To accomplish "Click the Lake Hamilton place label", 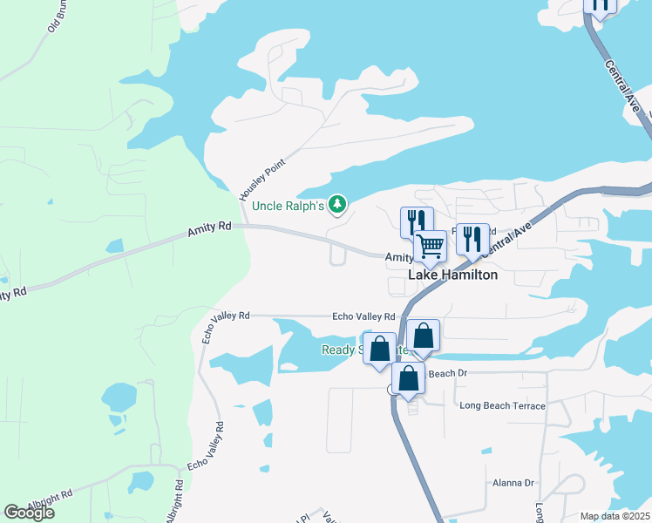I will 453,275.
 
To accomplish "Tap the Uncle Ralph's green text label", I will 288,206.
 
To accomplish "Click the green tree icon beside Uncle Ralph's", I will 337,205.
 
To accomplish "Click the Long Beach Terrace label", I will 502,406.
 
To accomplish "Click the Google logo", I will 29,513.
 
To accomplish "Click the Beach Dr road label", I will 448,373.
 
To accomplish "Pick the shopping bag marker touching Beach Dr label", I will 408,378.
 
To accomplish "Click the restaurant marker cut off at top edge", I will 600,5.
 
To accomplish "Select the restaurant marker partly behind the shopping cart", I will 415,221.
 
